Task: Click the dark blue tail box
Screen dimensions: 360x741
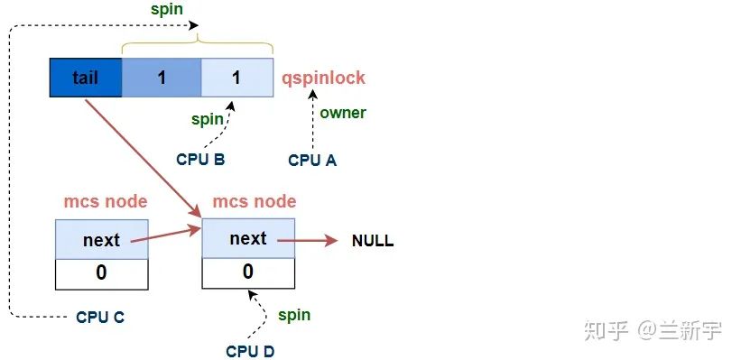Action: click(x=86, y=78)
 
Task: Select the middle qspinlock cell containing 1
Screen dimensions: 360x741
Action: click(x=162, y=78)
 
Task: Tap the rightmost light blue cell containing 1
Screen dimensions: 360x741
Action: click(x=236, y=78)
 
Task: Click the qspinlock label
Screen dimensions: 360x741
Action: click(x=323, y=78)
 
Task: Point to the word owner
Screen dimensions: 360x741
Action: click(x=343, y=113)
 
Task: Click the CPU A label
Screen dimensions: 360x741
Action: click(x=312, y=160)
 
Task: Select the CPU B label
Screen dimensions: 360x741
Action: click(x=200, y=160)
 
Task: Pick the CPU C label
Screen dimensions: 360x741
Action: click(x=100, y=317)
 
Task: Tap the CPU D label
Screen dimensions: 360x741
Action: click(x=250, y=350)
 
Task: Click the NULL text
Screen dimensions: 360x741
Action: click(x=373, y=242)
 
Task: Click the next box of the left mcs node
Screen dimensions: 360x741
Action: click(x=100, y=241)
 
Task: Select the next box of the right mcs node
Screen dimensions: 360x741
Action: click(x=248, y=239)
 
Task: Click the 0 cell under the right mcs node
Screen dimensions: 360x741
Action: click(x=248, y=272)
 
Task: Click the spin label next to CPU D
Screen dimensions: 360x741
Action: click(x=293, y=315)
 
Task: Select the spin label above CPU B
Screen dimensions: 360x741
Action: click(x=208, y=118)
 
